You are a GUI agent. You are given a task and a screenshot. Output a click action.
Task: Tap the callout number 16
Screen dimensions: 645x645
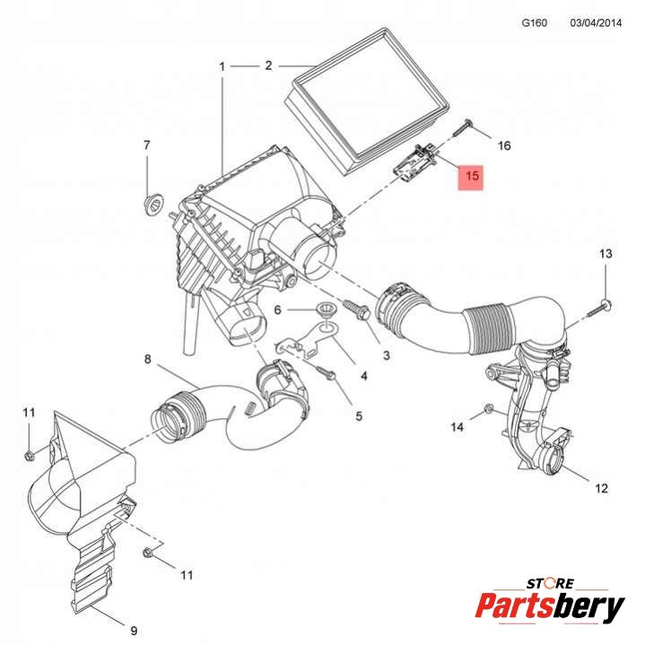click(503, 145)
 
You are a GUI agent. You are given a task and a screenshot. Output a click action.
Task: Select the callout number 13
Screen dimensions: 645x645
click(606, 255)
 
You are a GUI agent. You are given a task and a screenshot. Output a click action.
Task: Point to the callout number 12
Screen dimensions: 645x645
click(600, 488)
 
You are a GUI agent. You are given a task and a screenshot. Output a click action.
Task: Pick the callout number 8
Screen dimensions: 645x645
click(148, 360)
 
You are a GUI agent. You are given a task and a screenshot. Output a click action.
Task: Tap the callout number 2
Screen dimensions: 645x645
click(268, 65)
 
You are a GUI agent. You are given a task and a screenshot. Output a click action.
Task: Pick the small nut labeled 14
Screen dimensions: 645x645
click(487, 411)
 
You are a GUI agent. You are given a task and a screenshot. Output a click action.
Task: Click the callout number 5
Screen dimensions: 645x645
click(358, 415)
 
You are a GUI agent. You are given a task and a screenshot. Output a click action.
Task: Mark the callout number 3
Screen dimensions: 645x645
click(386, 356)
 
